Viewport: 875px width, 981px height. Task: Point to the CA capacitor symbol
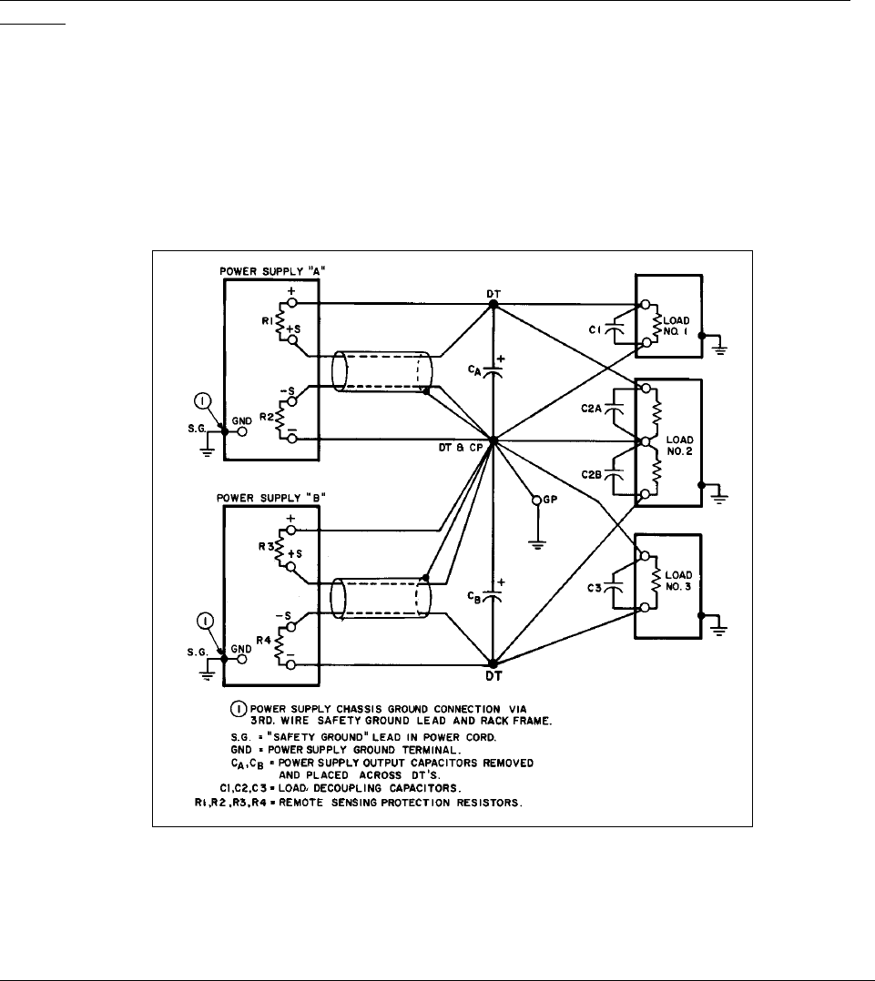(493, 371)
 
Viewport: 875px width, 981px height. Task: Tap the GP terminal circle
(536, 501)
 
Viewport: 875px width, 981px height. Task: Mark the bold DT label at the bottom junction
(493, 678)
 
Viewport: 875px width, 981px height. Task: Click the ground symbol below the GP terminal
(536, 545)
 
